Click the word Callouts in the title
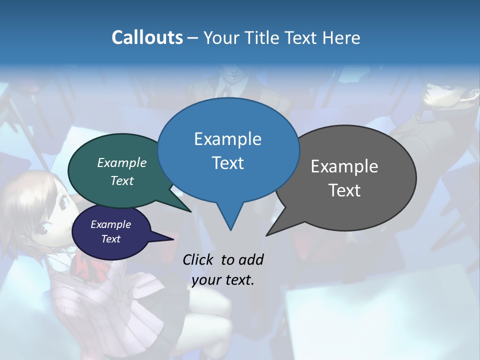pos(147,37)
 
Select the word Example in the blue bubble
pos(228,139)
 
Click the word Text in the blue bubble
pos(228,163)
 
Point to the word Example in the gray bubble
pos(344,166)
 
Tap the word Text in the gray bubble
pos(344,190)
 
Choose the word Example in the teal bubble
pos(122,163)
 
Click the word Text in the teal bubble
pos(122,181)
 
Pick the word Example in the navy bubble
pos(111,224)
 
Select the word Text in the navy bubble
pos(111,239)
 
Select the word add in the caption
pos(250,259)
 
